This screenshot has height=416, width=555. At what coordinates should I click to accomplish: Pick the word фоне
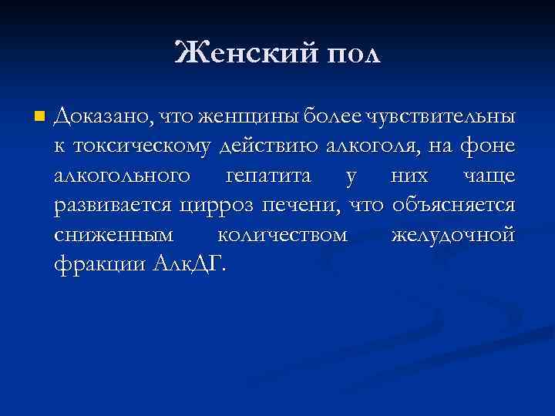pyautogui.click(x=489, y=147)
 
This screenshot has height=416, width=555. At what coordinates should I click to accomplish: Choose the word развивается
pyautogui.click(x=115, y=206)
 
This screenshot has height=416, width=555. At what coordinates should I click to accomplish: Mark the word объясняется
pyautogui.click(x=453, y=206)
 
